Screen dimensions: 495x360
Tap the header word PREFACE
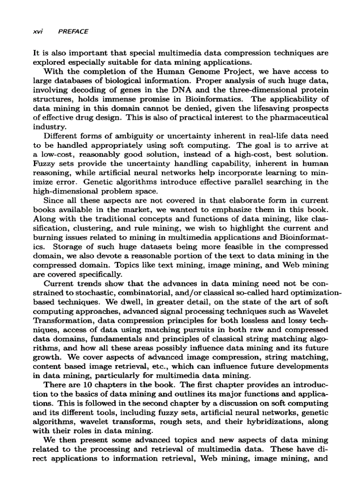(x=73, y=32)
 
